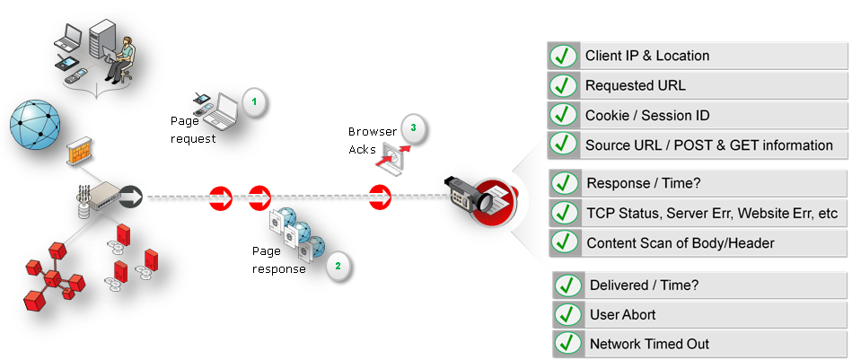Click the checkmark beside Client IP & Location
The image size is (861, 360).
click(563, 57)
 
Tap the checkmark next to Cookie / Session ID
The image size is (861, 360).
click(563, 116)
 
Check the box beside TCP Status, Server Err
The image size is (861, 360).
click(565, 213)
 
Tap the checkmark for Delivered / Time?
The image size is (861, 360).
click(567, 286)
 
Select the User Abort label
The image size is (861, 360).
click(622, 315)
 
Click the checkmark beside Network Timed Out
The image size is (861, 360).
click(567, 344)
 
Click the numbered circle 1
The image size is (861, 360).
click(254, 102)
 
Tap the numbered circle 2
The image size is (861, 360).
click(338, 266)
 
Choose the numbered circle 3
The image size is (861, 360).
click(413, 128)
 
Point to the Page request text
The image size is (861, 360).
click(193, 129)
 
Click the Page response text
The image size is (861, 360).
click(278, 261)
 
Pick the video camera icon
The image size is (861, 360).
click(469, 193)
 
